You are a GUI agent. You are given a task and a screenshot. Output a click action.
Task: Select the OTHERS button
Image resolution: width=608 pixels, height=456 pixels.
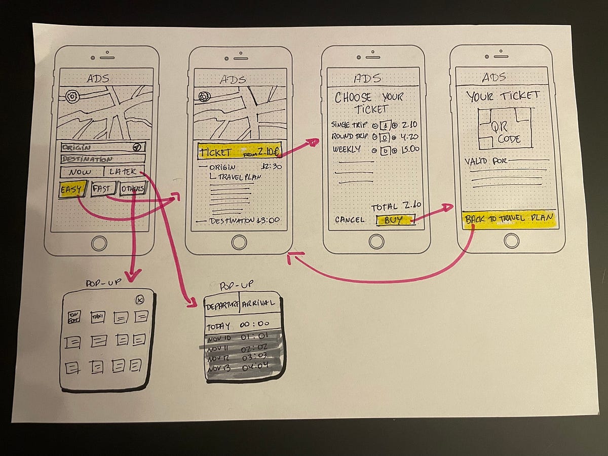(x=133, y=189)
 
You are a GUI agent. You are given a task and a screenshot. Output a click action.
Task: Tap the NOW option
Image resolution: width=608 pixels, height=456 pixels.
(x=81, y=172)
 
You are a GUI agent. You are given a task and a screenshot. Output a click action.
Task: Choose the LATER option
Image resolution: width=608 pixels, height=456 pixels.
(x=123, y=172)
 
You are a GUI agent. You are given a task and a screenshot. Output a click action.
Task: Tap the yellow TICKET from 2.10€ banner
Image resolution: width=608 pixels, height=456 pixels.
(x=239, y=151)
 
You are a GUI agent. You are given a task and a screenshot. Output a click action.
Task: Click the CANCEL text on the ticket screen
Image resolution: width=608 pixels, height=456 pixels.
(x=349, y=219)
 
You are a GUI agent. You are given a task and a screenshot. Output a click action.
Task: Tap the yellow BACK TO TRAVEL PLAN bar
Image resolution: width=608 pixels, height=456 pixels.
(x=509, y=219)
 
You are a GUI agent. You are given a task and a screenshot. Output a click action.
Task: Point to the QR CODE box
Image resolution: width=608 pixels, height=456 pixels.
(x=505, y=128)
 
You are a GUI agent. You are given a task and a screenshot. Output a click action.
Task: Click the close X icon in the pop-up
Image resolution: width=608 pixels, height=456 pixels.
(x=140, y=300)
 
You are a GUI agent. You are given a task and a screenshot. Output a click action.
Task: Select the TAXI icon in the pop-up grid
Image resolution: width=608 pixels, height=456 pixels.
(x=97, y=318)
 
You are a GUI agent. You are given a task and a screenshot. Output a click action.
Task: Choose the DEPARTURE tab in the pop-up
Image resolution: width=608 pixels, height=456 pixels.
(x=221, y=304)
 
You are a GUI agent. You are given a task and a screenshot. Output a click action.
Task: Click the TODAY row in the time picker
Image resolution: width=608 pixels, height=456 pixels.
(x=242, y=325)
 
